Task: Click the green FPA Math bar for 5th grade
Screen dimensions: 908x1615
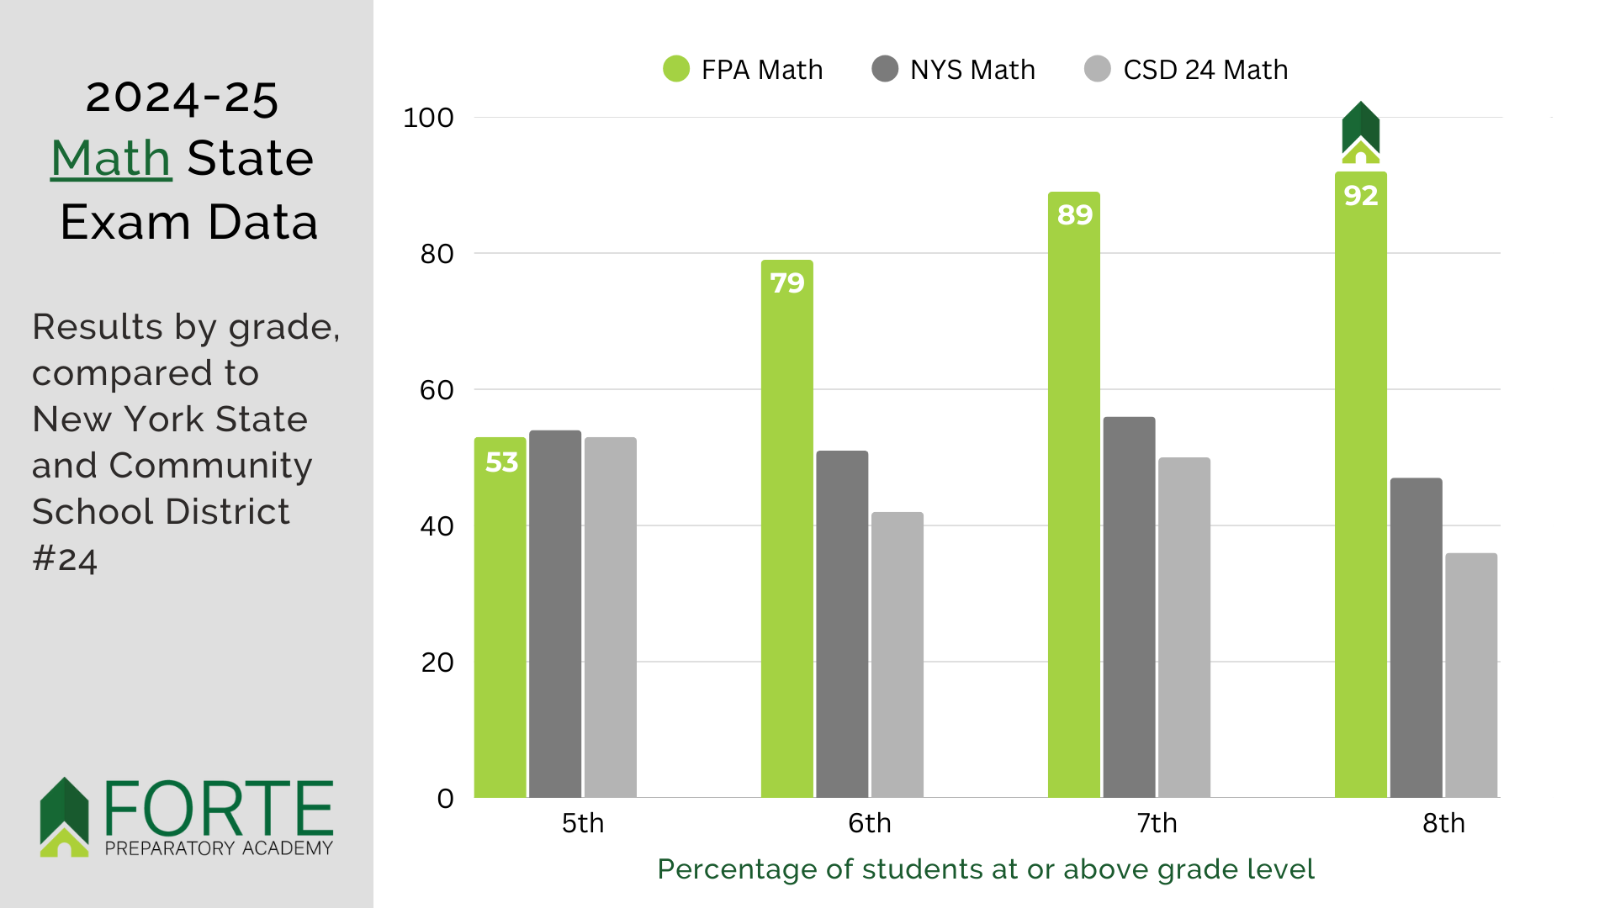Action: (500, 631)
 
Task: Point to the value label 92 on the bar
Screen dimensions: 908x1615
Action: (1360, 196)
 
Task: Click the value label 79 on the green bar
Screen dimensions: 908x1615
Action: (787, 283)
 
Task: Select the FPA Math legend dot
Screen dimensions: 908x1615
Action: (676, 69)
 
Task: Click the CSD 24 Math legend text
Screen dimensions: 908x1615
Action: (1205, 70)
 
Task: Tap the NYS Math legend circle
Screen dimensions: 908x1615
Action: (885, 69)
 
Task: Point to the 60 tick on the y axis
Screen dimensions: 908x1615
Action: (437, 390)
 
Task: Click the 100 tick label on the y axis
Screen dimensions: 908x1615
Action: (428, 118)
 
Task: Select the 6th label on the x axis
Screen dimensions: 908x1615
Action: (869, 823)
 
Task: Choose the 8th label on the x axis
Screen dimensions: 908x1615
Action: (1443, 823)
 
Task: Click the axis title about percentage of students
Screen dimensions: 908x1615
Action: (985, 869)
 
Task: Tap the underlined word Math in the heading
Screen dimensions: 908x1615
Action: (111, 158)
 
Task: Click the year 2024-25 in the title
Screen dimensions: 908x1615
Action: (182, 98)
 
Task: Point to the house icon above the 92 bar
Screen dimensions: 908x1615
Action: (1360, 133)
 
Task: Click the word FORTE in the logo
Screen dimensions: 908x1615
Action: (219, 808)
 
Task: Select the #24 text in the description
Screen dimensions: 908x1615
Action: (65, 559)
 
